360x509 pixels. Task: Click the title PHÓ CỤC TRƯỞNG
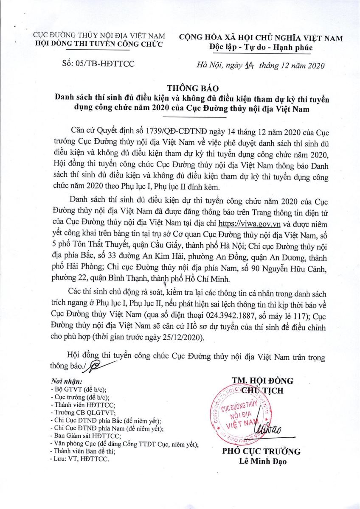point(262,451)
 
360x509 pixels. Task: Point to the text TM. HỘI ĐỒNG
point(262,380)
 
